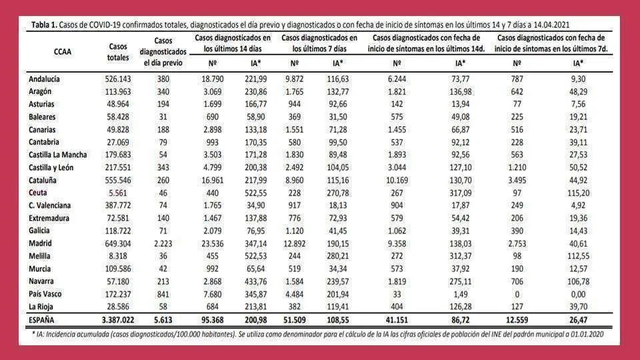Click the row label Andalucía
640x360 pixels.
tap(44, 79)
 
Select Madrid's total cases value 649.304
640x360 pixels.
tap(118, 244)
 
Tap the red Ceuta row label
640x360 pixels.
tap(37, 193)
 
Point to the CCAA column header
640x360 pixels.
tap(63, 52)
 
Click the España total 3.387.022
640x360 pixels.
tap(118, 320)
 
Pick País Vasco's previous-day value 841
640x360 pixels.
tap(163, 294)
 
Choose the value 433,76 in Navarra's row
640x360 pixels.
tap(255, 281)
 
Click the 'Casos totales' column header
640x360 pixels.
tap(118, 52)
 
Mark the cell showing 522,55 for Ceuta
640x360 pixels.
tap(255, 193)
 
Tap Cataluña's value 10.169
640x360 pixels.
tap(397, 181)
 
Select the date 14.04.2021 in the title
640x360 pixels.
tap(551, 25)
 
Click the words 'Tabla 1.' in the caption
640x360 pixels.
tap(44, 25)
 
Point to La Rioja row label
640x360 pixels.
tap(41, 307)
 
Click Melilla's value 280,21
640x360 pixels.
tap(337, 256)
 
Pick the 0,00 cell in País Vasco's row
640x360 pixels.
tap(578, 294)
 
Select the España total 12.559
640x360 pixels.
tap(517, 320)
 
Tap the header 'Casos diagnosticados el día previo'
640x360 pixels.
tap(163, 52)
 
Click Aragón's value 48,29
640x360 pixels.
tap(578, 92)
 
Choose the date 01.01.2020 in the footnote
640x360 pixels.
tap(585, 334)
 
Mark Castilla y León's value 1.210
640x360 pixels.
tap(517, 168)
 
